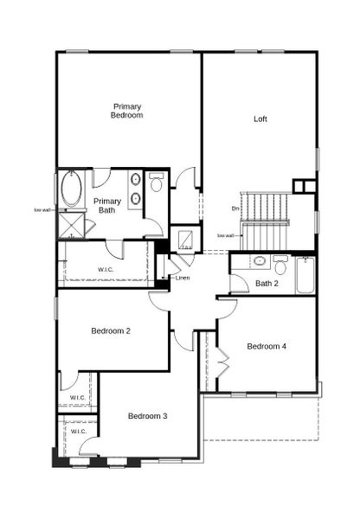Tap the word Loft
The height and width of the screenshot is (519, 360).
point(260,119)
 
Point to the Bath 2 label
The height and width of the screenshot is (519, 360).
point(267,283)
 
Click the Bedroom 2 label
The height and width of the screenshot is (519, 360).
point(111,330)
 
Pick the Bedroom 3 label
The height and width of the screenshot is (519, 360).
point(147,416)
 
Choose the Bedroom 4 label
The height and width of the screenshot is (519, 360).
point(266,347)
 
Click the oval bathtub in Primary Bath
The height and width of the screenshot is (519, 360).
point(70,190)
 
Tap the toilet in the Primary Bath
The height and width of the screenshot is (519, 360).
point(157,183)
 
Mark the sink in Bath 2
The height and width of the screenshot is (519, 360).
point(258,261)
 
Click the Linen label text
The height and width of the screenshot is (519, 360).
point(182,278)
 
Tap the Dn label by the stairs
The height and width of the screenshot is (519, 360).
point(235,208)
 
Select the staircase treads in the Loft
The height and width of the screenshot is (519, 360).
point(264,208)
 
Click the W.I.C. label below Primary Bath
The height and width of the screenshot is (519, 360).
point(106,270)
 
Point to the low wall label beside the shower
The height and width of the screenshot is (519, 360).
point(42,209)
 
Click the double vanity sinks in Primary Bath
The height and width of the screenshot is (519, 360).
point(136,189)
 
